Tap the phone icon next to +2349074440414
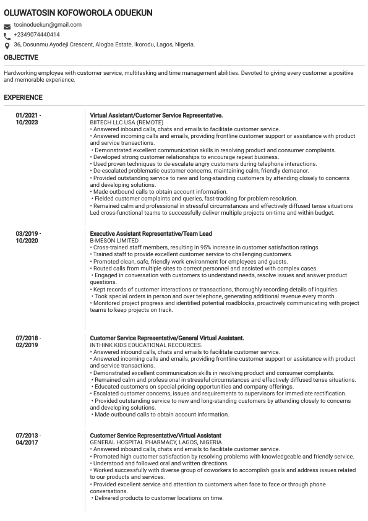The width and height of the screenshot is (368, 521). pyautogui.click(x=7, y=36)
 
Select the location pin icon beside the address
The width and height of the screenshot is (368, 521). pyautogui.click(x=7, y=46)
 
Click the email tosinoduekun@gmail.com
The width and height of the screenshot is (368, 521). pyautogui.click(x=48, y=25)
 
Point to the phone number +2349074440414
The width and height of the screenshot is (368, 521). pyautogui.click(x=36, y=35)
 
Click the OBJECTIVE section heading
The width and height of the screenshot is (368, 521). pyautogui.click(x=21, y=58)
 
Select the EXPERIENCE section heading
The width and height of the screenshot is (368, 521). pyautogui.click(x=24, y=98)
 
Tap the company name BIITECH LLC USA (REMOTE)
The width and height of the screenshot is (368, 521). pyautogui.click(x=126, y=123)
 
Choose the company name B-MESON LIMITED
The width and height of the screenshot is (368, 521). pyautogui.click(x=114, y=241)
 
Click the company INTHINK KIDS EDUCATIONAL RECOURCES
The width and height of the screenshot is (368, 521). pyautogui.click(x=146, y=345)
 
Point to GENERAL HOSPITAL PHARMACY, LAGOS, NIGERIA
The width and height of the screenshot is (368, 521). pyautogui.click(x=156, y=443)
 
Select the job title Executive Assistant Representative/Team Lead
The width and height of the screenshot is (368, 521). pyautogui.click(x=151, y=234)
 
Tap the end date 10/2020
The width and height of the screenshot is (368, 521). pyautogui.click(x=27, y=241)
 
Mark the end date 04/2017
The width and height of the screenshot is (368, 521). pyautogui.click(x=27, y=443)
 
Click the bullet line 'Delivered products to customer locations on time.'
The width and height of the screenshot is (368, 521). pyautogui.click(x=158, y=498)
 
